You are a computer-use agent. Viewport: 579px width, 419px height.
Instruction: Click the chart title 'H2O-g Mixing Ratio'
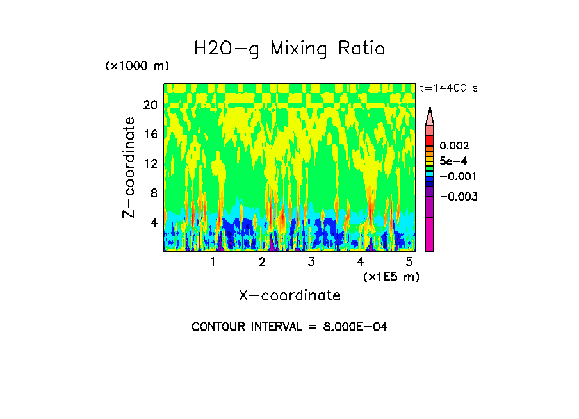289,49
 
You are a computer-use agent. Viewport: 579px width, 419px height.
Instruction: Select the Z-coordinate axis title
129,167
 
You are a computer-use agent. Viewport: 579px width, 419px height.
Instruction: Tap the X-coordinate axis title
289,295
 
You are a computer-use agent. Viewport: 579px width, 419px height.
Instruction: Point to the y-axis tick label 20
150,105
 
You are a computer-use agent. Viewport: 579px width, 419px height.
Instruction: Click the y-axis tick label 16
150,135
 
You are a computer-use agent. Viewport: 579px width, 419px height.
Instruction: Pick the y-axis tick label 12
150,164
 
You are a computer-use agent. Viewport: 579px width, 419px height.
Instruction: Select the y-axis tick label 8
154,193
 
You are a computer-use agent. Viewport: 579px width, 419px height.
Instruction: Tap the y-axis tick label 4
154,223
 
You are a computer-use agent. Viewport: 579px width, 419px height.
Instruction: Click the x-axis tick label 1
213,262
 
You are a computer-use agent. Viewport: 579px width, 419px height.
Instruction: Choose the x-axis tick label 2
262,262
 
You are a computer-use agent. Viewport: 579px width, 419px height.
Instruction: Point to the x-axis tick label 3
311,262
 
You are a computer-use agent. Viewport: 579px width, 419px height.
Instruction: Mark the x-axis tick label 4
360,262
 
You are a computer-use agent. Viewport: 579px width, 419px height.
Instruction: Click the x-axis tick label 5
409,262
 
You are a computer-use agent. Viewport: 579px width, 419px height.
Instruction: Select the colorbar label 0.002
454,146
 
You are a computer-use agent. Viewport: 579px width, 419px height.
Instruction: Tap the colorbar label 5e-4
453,161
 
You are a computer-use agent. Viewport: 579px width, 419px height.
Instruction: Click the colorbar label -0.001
456,176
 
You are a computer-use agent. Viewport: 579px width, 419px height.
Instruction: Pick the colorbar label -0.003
456,196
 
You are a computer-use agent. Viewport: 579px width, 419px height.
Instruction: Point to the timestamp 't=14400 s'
448,88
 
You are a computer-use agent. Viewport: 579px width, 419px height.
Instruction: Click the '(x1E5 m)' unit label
391,276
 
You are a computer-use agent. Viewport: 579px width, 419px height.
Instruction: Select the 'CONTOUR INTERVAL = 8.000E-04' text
289,327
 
